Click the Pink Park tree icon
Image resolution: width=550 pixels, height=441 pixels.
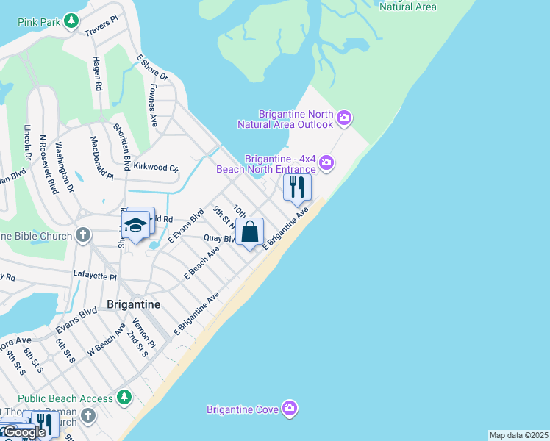71,21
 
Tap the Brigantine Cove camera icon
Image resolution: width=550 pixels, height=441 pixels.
290,408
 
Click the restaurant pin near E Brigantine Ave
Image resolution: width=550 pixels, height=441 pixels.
297,187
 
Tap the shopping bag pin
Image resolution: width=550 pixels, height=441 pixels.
250,232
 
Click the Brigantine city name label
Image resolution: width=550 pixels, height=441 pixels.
134,304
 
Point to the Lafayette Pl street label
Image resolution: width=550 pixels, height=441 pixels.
95,276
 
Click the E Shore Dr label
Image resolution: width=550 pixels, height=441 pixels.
152,67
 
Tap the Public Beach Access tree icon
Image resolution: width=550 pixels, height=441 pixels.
124,398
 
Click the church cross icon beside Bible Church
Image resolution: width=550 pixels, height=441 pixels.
84,236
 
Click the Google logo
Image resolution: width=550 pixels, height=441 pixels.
24,432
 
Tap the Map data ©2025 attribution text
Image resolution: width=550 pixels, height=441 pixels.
518,435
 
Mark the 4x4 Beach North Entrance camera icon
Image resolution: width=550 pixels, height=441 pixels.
326,163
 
